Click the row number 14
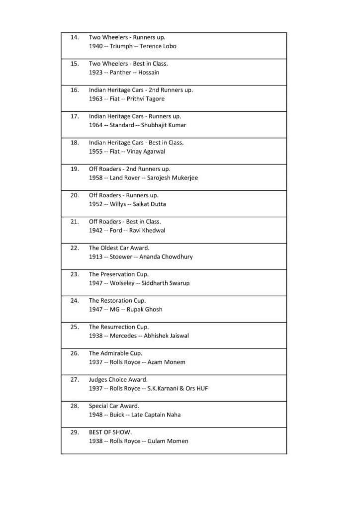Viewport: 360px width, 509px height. [x=75, y=37]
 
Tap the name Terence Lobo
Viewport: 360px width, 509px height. [x=158, y=46]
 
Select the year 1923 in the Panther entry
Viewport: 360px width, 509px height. [x=96, y=73]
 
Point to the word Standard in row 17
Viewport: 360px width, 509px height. [x=121, y=125]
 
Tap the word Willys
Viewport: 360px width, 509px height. [x=118, y=204]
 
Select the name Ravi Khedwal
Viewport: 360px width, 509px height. [x=147, y=231]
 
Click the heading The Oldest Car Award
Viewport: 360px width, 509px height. [x=119, y=248]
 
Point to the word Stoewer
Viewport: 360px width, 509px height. [x=121, y=257]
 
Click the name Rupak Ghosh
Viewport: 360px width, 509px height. [x=144, y=310]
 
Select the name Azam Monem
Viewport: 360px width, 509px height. [x=166, y=362]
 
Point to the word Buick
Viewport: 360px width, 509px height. [x=117, y=415]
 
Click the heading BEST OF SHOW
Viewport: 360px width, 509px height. [x=110, y=432]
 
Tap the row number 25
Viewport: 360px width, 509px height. [x=75, y=327]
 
